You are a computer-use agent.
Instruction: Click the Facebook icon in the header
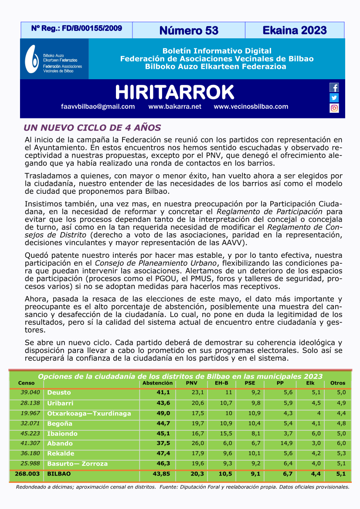334,88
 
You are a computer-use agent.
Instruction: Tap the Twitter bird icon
334,98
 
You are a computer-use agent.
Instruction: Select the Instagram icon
334,108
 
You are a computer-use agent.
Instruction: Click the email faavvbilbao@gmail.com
98,107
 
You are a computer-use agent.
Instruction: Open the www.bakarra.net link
175,107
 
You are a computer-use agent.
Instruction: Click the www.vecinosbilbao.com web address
251,107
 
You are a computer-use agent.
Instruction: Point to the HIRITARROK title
174,92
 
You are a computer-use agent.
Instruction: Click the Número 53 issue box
188,30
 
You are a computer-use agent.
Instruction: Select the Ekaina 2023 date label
294,30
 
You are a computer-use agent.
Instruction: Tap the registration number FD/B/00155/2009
76,29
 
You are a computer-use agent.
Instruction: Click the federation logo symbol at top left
32,59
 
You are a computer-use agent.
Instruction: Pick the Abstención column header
158,383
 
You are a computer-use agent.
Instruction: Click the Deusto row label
59,392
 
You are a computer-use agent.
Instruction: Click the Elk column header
310,383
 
